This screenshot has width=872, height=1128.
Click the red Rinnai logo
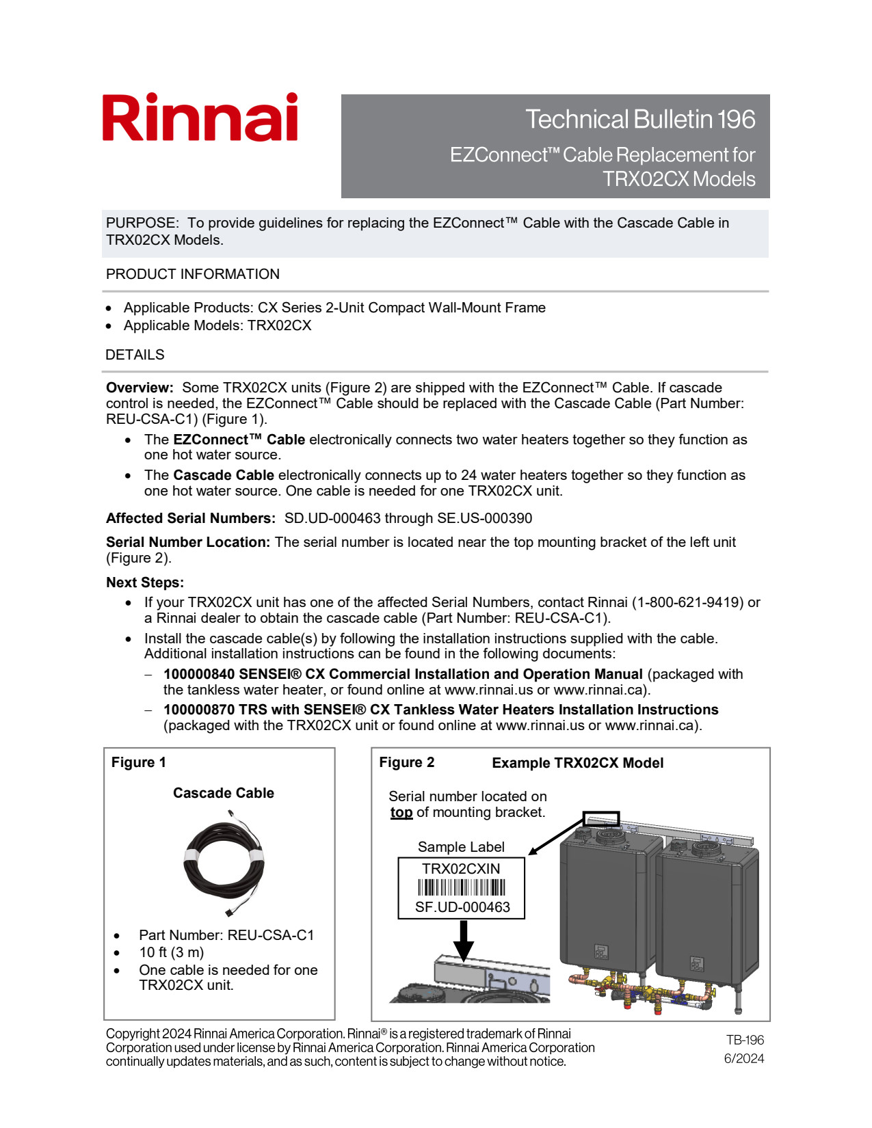(x=200, y=118)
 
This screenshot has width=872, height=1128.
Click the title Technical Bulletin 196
(x=640, y=119)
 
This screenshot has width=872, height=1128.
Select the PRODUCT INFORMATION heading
(x=193, y=274)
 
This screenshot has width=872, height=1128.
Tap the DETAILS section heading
(x=135, y=355)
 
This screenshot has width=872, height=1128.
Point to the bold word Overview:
(x=140, y=388)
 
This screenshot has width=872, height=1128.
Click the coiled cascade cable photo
(x=224, y=863)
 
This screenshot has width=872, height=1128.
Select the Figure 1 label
(x=138, y=762)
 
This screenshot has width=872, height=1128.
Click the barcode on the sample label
(x=462, y=887)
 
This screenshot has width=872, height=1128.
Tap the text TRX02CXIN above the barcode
(x=461, y=868)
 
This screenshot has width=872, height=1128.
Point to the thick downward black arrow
(x=464, y=941)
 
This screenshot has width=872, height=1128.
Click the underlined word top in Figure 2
(x=401, y=812)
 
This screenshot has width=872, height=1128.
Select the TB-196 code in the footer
(x=745, y=1040)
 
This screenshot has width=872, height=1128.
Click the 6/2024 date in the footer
(x=744, y=1058)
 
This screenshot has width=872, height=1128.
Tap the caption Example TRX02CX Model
(x=577, y=763)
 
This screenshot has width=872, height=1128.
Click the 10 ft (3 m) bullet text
(x=172, y=952)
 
